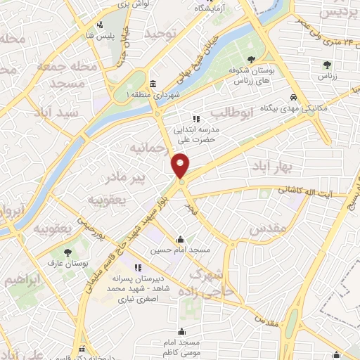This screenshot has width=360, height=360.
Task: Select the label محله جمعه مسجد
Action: click(x=60, y=75)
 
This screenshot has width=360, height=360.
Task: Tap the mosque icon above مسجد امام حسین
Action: click(x=181, y=238)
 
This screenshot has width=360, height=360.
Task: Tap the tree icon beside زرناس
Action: click(x=327, y=65)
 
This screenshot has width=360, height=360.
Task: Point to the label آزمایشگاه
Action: click(x=214, y=8)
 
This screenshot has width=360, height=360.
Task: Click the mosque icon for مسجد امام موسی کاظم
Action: click(x=182, y=331)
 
